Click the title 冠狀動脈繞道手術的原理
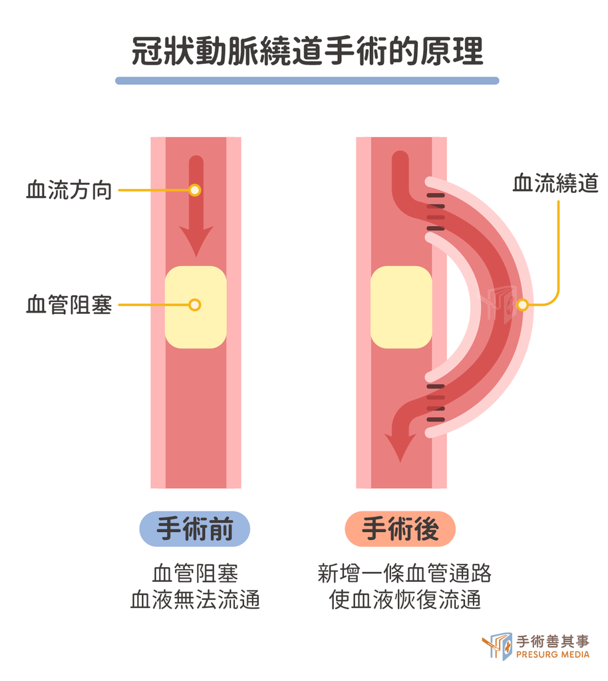(307, 51)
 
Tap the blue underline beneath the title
(307, 80)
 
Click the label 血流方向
(69, 190)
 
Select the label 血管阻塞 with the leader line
(69, 305)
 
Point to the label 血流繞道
(555, 183)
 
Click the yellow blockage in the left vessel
(196, 307)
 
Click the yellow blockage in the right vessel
(401, 307)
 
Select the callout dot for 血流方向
(195, 190)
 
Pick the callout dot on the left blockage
(195, 305)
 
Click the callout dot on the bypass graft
(522, 305)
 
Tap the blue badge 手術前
(194, 529)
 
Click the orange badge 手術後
(400, 529)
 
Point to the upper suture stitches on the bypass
(436, 212)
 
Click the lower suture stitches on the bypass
(436, 403)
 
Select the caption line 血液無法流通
(195, 600)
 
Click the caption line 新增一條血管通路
(404, 573)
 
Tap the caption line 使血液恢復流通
(404, 600)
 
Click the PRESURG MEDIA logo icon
(498, 646)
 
